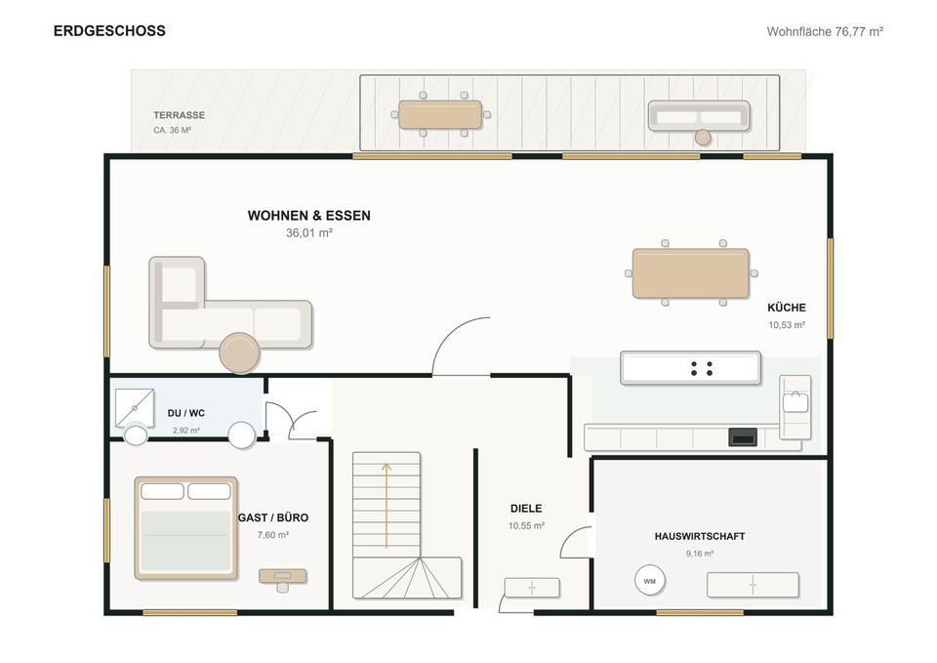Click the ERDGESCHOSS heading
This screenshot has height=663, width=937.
click(x=109, y=31)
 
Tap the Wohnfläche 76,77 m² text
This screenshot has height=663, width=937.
click(x=825, y=31)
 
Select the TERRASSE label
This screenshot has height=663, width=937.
click(x=179, y=115)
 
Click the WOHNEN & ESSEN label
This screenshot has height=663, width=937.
click(x=309, y=215)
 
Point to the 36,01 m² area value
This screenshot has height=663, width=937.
click(x=309, y=233)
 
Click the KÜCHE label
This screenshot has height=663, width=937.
click(x=787, y=308)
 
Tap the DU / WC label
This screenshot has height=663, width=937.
click(x=185, y=413)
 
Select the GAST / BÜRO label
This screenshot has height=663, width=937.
click(x=273, y=518)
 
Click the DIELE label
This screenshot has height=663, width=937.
click(x=526, y=509)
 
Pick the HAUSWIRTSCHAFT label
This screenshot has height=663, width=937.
click(x=700, y=536)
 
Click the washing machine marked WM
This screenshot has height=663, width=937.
click(x=650, y=581)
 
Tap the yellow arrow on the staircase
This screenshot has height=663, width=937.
click(x=387, y=505)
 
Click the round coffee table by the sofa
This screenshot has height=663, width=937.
click(x=240, y=352)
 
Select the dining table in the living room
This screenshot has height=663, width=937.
click(x=691, y=273)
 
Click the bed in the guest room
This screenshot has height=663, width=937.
click(x=185, y=528)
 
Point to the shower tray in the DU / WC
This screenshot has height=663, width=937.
click(x=135, y=408)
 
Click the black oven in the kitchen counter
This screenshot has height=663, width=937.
click(x=743, y=437)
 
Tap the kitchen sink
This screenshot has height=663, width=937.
click(x=795, y=402)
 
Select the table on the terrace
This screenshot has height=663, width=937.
click(x=440, y=115)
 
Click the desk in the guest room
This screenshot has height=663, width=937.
click(x=283, y=576)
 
